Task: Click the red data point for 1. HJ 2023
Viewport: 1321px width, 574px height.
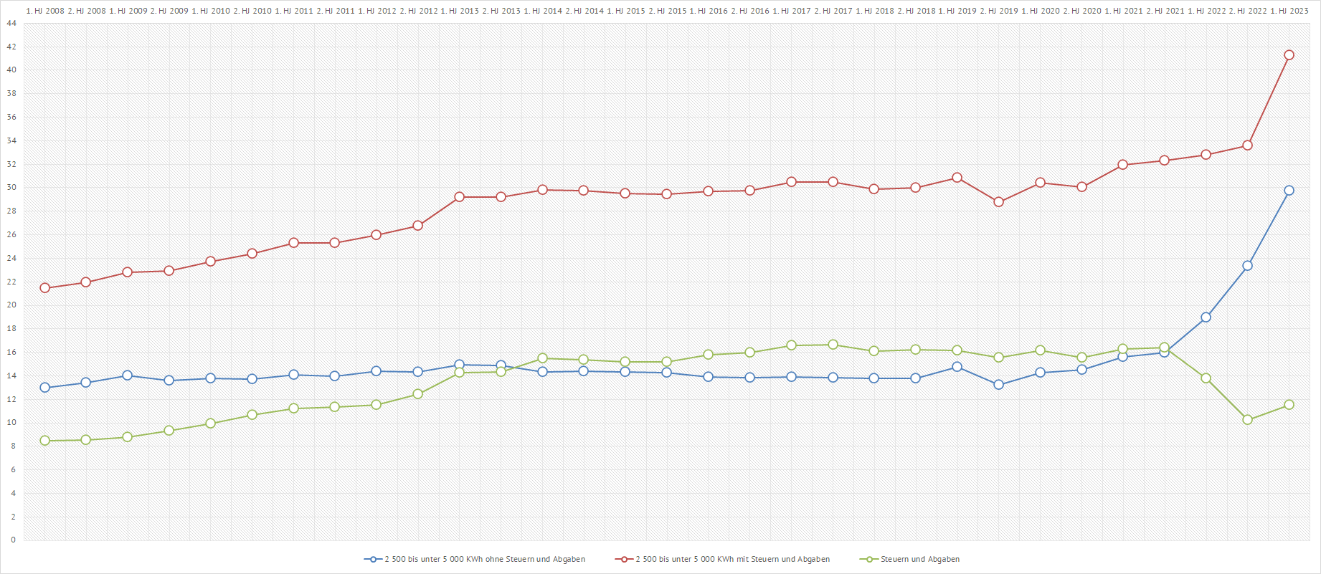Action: pos(1289,55)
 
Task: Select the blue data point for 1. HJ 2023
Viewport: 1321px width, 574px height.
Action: pos(1289,191)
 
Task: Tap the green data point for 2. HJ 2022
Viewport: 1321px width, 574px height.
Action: pos(1247,420)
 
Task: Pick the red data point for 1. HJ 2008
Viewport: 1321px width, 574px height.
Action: pos(44,288)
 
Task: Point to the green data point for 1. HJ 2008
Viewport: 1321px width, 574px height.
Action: pos(44,441)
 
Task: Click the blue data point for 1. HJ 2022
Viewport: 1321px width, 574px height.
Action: pos(1206,317)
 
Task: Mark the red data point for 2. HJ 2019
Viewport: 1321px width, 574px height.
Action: pos(998,202)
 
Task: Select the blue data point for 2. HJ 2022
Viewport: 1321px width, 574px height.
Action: pos(1247,266)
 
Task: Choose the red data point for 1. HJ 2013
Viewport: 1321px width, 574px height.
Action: pos(459,197)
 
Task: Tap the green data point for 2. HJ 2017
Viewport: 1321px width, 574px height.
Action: pos(833,345)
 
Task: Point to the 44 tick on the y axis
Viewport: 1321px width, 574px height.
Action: pos(11,24)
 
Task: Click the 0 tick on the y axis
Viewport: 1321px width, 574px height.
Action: pos(13,540)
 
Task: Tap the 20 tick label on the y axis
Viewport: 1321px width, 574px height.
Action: pos(11,305)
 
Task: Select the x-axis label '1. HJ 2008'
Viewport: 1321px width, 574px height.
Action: pos(44,11)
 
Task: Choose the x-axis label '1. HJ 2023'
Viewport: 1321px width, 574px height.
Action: pos(1289,11)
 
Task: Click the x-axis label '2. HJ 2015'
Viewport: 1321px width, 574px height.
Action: pos(667,11)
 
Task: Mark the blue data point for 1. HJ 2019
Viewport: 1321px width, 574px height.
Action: pos(957,367)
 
